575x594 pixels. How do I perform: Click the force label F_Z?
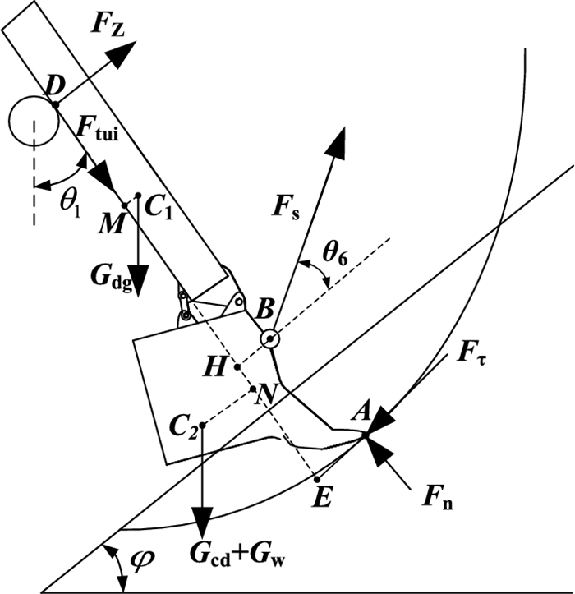[108, 26]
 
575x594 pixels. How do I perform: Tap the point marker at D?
[56, 104]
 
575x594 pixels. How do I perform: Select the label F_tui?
[98, 129]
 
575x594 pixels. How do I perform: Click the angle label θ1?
[71, 207]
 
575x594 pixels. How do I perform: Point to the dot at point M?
[125, 205]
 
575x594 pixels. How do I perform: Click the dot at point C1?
[138, 196]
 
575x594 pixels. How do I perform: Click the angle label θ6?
[335, 254]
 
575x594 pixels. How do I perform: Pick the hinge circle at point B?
[270, 339]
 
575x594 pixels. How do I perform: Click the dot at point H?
[237, 366]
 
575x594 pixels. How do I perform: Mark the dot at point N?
[253, 389]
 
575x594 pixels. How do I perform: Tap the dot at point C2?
[202, 425]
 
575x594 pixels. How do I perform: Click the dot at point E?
[317, 480]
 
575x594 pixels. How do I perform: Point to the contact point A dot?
[366, 435]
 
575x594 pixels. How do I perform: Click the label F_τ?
[471, 354]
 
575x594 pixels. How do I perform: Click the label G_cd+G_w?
[238, 555]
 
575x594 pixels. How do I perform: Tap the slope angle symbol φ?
[142, 558]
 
